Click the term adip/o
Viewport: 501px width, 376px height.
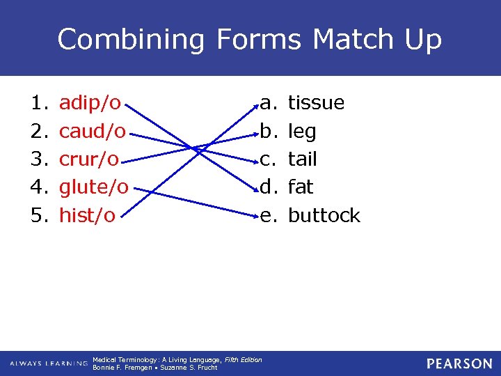coord(90,104)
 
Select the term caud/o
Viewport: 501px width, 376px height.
coord(93,132)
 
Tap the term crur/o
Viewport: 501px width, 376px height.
coord(89,159)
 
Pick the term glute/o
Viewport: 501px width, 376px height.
coord(94,187)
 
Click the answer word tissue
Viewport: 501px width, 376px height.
coord(316,103)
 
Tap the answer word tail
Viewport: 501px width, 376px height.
coord(302,159)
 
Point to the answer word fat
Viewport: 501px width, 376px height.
coord(301,187)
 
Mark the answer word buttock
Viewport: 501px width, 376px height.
coord(324,215)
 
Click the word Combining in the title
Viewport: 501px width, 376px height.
coord(132,40)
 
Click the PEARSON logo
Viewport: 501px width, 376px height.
coord(459,363)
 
